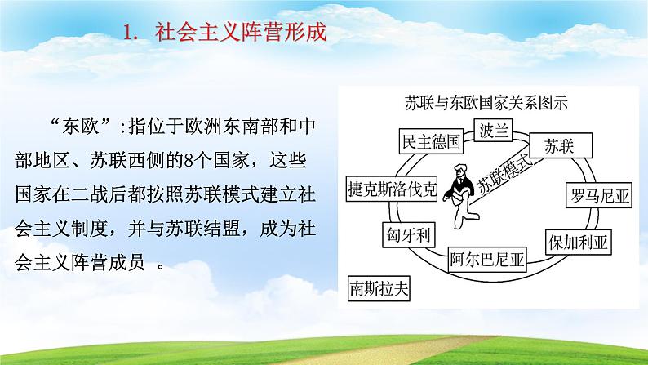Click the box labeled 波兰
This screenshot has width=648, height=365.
tap(493, 130)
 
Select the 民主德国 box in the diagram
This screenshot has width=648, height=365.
tap(431, 141)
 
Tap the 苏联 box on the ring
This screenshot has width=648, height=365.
tap(561, 145)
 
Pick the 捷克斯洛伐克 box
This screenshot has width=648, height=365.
tap(392, 189)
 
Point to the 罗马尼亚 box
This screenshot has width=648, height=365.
tap(599, 195)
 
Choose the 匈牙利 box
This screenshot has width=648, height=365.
tap(409, 235)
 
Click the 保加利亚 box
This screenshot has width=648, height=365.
tap(578, 243)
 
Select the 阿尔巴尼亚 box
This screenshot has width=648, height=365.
tap(487, 259)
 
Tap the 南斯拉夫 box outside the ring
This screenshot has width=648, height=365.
tap(379, 288)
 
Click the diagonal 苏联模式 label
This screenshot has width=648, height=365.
tap(505, 176)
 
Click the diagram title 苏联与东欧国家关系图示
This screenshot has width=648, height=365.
tap(486, 103)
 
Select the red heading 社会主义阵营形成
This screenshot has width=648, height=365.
tap(241, 32)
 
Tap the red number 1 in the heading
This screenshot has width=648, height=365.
tap(129, 33)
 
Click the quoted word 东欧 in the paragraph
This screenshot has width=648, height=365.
tap(81, 127)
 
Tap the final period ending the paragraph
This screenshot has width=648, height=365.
tap(162, 267)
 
